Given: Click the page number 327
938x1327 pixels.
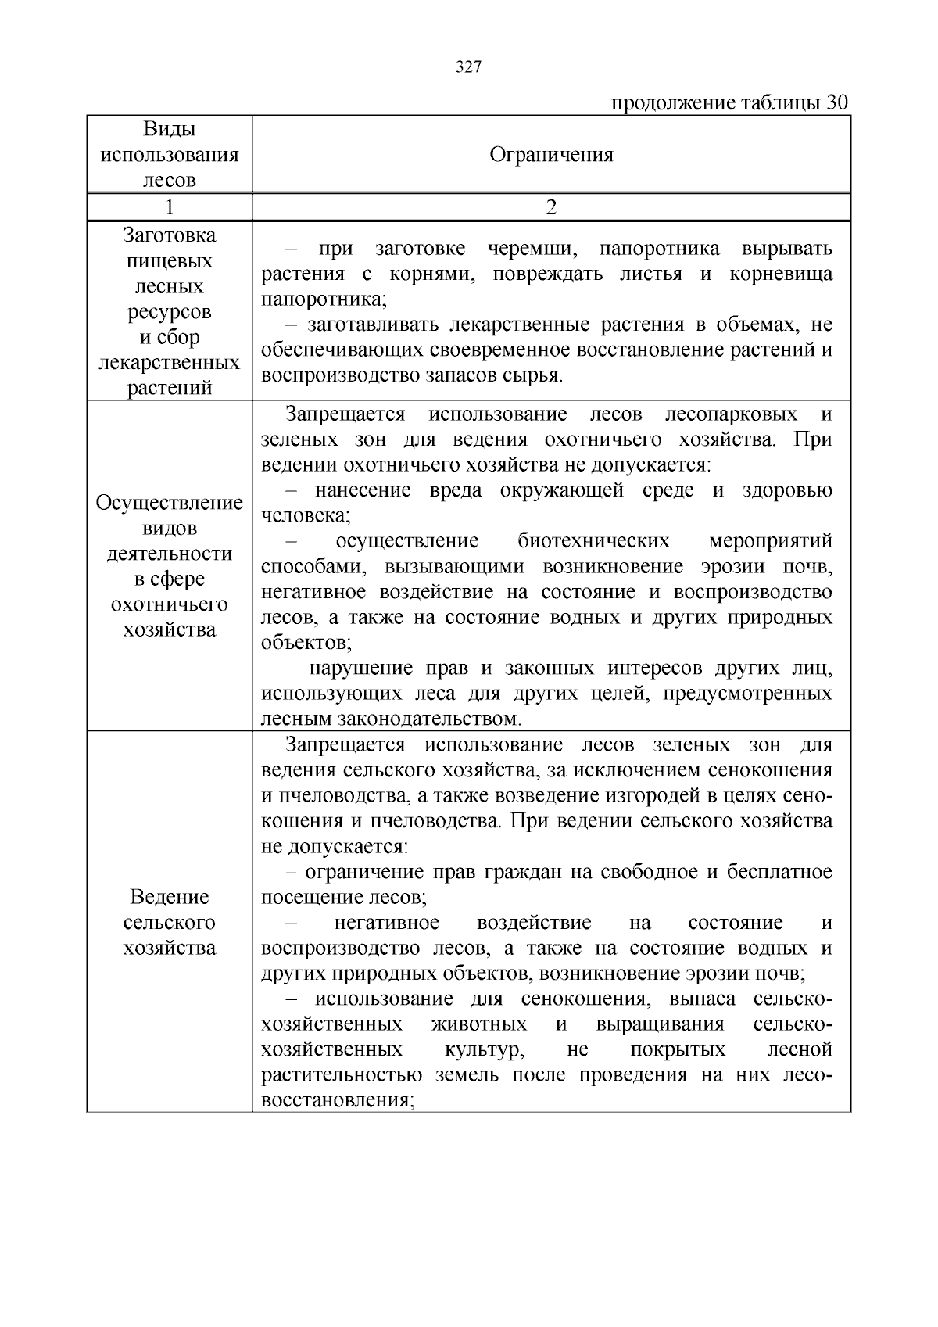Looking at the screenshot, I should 468,66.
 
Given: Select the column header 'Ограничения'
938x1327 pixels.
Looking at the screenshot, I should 551,154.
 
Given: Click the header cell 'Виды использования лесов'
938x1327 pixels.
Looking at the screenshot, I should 170,154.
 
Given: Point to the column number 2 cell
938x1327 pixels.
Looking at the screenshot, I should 551,207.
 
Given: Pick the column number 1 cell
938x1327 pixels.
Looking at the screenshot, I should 170,207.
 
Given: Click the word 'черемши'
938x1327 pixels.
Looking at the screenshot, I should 532,249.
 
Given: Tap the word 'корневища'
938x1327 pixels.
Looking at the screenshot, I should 781,274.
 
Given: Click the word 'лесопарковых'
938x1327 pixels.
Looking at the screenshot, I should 731,414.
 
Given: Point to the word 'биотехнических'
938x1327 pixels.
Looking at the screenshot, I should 593,541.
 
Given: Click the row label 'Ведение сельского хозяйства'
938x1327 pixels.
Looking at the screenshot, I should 170,922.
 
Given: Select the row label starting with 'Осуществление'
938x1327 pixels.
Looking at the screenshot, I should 170,566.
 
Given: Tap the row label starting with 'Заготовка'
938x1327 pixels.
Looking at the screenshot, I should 170,311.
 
